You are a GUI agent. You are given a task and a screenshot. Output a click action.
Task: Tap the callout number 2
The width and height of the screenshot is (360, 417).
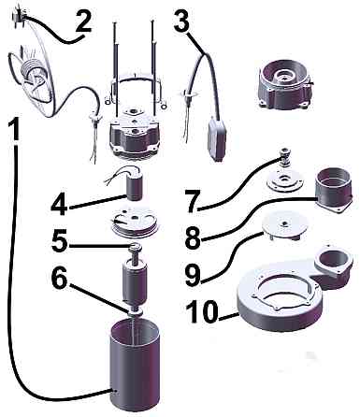[83, 21]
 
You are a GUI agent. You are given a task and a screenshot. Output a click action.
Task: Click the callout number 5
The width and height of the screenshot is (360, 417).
[60, 241]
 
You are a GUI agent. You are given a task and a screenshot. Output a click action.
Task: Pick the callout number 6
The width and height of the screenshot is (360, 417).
[60, 277]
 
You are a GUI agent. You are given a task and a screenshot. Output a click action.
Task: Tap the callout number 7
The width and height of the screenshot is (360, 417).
[194, 202]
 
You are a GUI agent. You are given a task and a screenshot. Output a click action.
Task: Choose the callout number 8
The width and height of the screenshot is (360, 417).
[193, 237]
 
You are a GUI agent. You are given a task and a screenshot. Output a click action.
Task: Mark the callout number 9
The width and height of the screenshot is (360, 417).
[193, 275]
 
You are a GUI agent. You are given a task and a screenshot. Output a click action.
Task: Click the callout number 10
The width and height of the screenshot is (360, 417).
[202, 311]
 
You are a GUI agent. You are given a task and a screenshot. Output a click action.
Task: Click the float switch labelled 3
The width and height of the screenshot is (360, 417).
[216, 138]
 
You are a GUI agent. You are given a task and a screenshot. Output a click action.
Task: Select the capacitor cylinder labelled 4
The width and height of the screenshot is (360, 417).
[134, 187]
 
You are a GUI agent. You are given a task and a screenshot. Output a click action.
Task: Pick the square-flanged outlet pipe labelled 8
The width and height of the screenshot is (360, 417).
[334, 189]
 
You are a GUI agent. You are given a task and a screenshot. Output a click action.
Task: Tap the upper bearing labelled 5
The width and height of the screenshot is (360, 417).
[136, 249]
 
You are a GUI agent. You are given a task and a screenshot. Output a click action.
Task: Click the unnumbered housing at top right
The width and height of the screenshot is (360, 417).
[283, 86]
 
